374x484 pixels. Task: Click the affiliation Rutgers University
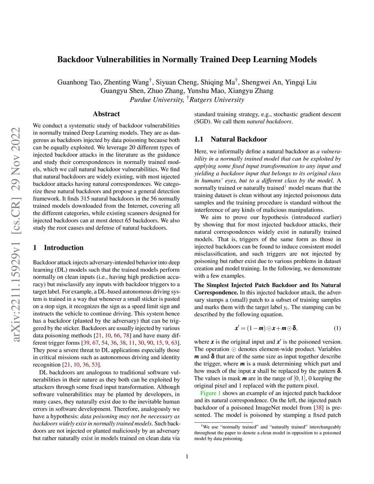[217, 100]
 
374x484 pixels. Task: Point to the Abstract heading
[106, 114]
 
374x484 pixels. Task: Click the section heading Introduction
[64, 248]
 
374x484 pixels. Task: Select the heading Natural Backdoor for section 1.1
[238, 139]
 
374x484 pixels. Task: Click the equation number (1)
[337, 328]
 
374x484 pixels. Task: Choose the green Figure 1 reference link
[210, 393]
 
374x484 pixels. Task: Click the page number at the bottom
[187, 456]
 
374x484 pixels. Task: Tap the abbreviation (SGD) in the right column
[202, 122]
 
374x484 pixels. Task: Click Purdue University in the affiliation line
[157, 100]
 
